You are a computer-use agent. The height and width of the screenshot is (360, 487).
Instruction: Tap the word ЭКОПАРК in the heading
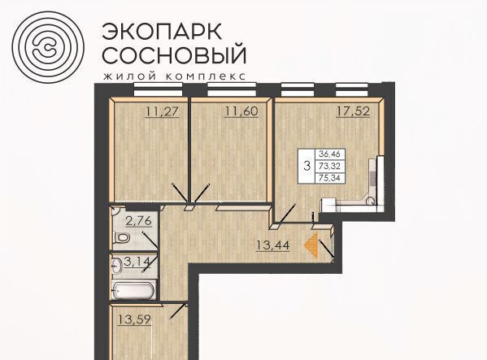[x=162, y=31]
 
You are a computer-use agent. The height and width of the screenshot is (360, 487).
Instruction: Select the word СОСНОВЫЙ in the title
[x=174, y=54]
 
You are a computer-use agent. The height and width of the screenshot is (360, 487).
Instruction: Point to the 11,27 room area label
[x=163, y=111]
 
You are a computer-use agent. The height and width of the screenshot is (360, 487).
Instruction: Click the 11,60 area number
[x=241, y=111]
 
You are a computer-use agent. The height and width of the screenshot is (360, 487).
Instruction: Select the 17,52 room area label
[x=353, y=111]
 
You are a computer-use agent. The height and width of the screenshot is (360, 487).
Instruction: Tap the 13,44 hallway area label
[x=272, y=245]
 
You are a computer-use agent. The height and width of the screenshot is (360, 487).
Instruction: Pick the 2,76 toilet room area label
[x=138, y=221]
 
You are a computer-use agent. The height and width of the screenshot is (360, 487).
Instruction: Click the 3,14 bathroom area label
[x=137, y=262]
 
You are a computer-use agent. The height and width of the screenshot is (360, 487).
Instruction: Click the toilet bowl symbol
[x=121, y=238]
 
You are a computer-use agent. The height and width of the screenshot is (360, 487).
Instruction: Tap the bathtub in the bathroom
[x=134, y=289]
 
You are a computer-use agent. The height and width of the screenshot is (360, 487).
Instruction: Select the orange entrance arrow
[x=311, y=245]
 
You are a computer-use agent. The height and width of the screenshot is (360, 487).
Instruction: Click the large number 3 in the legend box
[x=307, y=166]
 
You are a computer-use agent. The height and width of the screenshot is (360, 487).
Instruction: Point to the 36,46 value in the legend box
[x=330, y=154]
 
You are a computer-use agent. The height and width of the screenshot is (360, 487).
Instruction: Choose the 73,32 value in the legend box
[x=330, y=166]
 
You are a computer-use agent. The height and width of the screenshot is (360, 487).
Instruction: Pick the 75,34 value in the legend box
[x=330, y=178]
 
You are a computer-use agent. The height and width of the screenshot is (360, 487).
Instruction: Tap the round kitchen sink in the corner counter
[x=371, y=201]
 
